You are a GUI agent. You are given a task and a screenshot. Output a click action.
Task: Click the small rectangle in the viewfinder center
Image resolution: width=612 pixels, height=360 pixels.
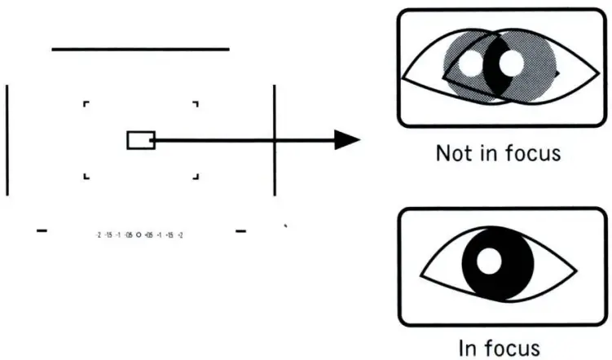click(x=140, y=140)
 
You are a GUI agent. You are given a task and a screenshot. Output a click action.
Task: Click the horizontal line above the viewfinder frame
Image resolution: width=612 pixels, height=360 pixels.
click(x=140, y=49)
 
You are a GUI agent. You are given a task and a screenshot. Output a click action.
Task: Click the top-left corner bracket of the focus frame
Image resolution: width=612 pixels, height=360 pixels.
click(x=86, y=104)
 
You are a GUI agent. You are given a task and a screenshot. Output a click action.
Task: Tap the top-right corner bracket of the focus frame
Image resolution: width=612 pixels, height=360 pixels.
click(x=195, y=104)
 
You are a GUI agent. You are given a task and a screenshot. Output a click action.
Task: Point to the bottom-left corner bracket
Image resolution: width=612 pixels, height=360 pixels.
click(x=86, y=176)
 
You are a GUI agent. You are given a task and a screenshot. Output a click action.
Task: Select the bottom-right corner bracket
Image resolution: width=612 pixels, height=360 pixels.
click(x=195, y=176)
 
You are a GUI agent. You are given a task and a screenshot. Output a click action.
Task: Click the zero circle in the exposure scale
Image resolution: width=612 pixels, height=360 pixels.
click(x=139, y=234)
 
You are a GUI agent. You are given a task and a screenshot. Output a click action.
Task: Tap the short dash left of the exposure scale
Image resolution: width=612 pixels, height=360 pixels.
click(x=42, y=231)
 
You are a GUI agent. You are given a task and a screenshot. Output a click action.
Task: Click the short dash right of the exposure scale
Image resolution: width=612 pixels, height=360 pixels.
click(x=240, y=231)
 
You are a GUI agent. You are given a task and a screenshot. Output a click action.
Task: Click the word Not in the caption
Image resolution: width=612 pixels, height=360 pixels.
click(x=455, y=153)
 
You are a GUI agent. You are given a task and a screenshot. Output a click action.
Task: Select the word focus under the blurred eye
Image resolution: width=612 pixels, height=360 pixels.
click(x=531, y=153)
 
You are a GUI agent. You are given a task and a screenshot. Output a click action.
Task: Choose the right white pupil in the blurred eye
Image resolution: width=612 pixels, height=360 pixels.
click(x=511, y=62)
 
